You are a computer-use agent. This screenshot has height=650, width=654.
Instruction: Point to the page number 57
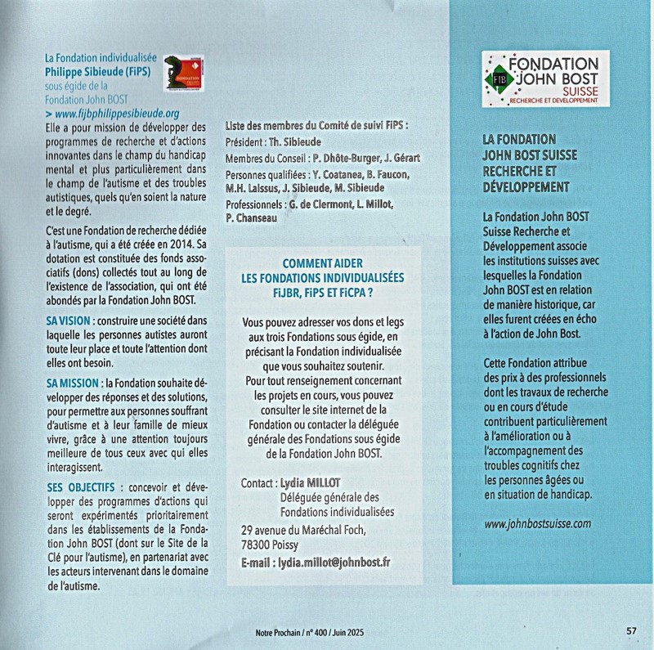pyautogui.click(x=631, y=630)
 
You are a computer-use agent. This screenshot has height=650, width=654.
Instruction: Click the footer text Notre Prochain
pyautogui.click(x=274, y=631)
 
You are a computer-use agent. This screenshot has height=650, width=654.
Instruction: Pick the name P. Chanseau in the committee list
pyautogui.click(x=255, y=217)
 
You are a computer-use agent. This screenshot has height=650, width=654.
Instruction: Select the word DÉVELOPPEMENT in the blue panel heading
pyautogui.click(x=526, y=186)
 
